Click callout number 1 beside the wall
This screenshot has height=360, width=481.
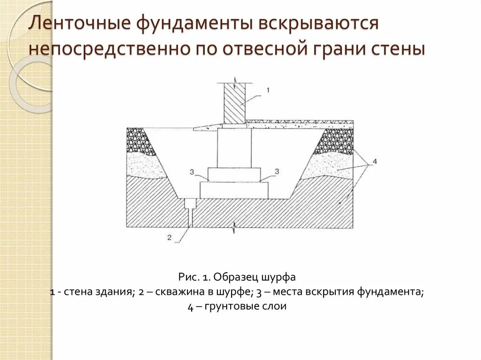[x=267, y=89]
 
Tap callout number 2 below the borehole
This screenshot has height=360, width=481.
[x=170, y=237]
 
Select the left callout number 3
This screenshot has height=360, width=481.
[x=192, y=171]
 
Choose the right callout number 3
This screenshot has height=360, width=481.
[x=276, y=171]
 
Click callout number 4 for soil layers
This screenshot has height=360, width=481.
[x=374, y=162]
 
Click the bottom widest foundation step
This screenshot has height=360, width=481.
[x=234, y=190]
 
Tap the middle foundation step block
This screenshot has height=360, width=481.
[x=234, y=175]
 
